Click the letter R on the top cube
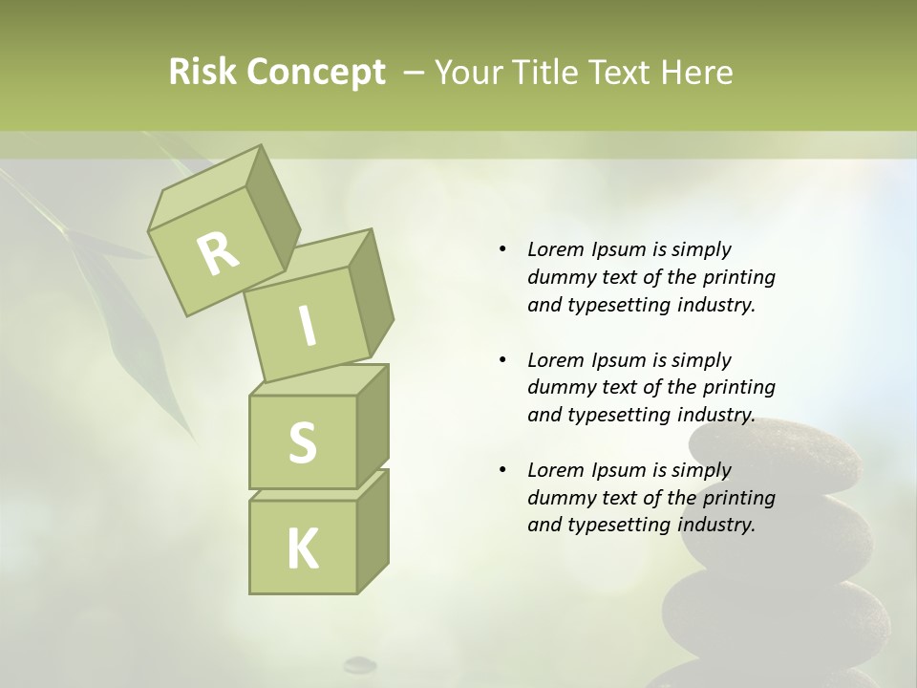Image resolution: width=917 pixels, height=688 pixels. pyautogui.click(x=218, y=253)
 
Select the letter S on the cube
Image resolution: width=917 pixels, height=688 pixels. pyautogui.click(x=302, y=442)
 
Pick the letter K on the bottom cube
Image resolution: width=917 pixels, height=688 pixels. pyautogui.click(x=303, y=548)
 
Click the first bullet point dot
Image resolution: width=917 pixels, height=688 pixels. pyautogui.click(x=503, y=250)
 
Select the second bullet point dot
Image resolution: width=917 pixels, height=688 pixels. pyautogui.click(x=503, y=361)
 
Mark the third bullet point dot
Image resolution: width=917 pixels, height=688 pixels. pyautogui.click(x=503, y=471)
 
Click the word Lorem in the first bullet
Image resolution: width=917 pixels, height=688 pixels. pyautogui.click(x=555, y=249)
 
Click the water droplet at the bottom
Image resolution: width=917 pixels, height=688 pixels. pyautogui.click(x=360, y=662)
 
